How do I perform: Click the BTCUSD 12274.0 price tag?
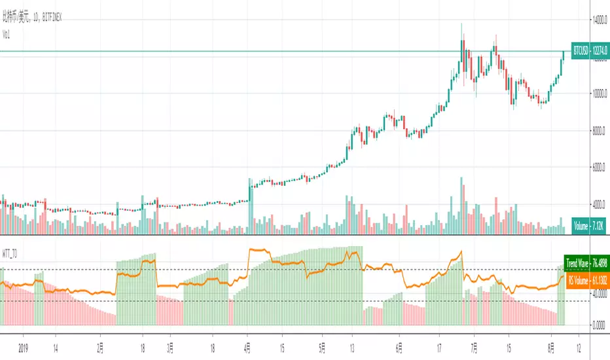coord(586,50)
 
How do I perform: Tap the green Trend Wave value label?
coord(586,265)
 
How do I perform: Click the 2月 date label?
coord(100,348)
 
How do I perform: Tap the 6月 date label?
coord(399,348)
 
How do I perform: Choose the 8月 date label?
coord(551,348)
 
